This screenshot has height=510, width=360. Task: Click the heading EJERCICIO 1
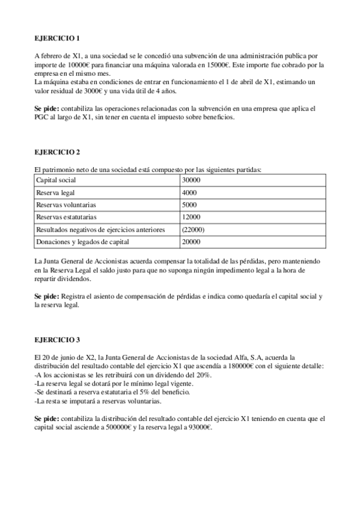58,38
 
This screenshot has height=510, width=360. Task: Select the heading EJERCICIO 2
58,153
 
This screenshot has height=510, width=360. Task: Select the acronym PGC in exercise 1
42,117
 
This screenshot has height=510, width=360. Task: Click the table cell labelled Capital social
56,180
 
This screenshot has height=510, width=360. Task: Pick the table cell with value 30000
191,180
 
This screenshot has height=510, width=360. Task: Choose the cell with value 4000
189,192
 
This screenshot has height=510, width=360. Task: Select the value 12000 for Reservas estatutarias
191,217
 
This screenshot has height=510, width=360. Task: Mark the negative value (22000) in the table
194,229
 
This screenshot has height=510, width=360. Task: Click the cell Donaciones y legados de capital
82,242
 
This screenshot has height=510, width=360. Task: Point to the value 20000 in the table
191,242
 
